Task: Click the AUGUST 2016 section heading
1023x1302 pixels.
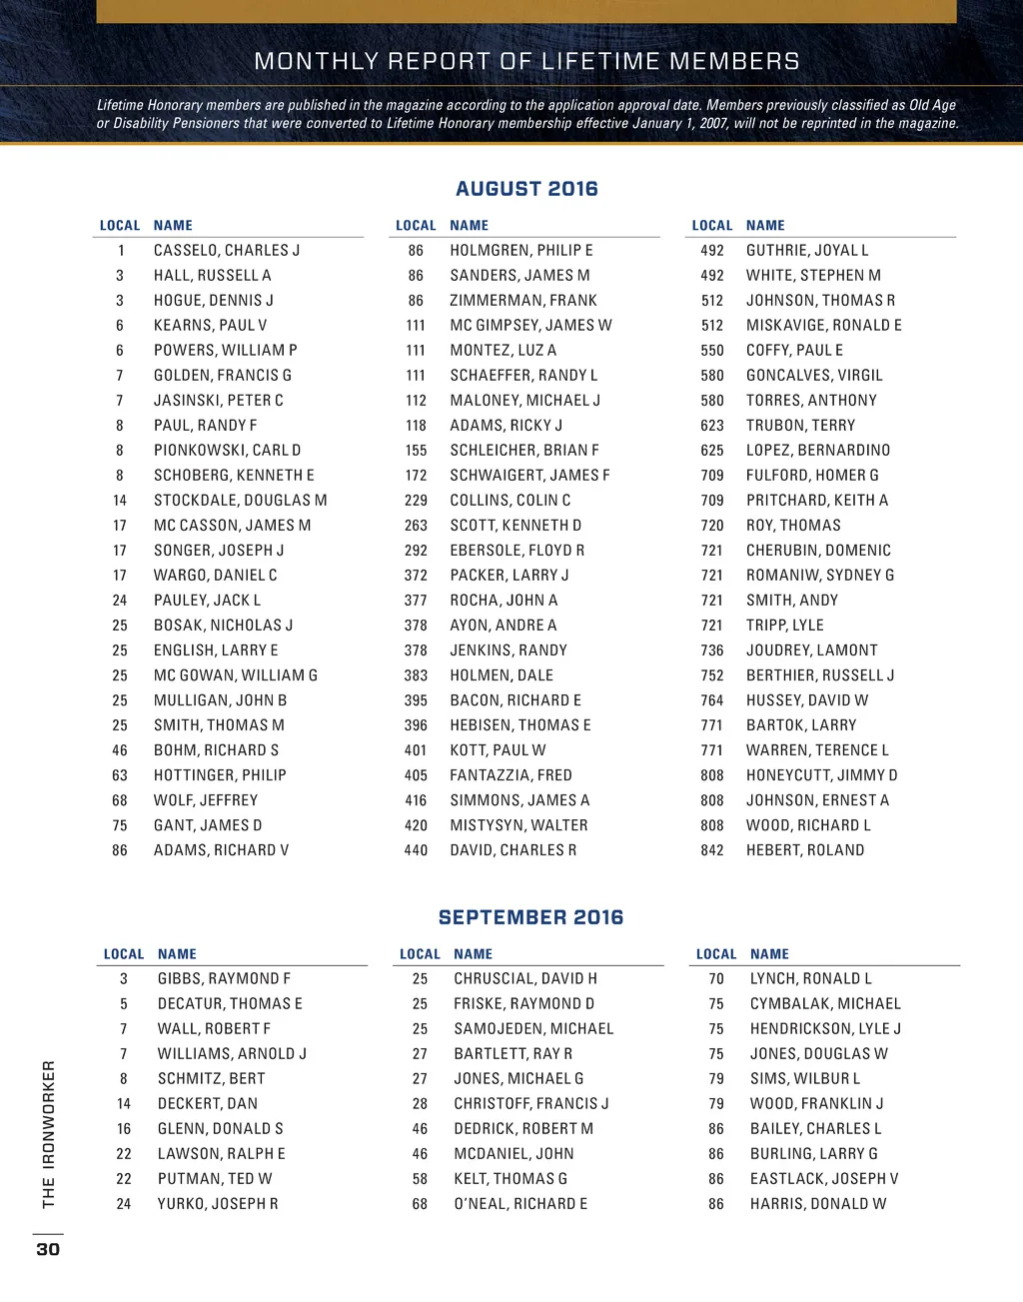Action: coord(526,189)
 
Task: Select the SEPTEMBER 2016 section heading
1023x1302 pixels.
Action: coord(530,917)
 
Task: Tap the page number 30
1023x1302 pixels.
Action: coord(48,1249)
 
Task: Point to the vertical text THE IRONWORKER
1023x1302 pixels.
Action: coord(48,1134)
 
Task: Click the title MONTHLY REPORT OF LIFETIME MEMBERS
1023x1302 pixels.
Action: coord(526,62)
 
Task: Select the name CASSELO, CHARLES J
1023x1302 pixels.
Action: coord(227,250)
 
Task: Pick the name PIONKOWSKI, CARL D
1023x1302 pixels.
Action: coord(227,450)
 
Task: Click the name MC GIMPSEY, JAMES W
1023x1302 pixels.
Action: coord(530,325)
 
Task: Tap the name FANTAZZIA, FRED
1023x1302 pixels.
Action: coord(511,774)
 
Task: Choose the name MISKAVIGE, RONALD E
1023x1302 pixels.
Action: coord(823,325)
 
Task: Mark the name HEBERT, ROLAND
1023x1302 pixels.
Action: coord(805,850)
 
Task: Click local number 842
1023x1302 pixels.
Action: coord(712,850)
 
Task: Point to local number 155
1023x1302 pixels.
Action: coord(416,450)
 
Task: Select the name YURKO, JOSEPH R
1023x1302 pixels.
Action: coord(218,1204)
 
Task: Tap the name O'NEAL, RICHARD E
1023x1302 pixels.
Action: coord(520,1204)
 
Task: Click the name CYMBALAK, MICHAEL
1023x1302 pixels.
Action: coord(825,1003)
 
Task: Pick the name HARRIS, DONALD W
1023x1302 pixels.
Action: coord(818,1204)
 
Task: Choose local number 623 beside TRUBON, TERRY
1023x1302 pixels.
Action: coord(712,425)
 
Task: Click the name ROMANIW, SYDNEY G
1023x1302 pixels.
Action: coord(820,575)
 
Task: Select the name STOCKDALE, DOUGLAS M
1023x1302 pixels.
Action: coord(240,500)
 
